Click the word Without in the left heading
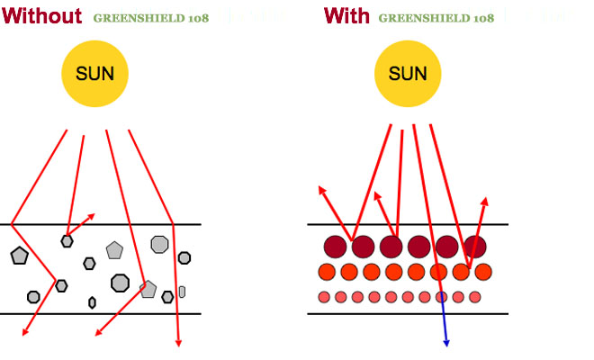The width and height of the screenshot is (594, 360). [x=42, y=15]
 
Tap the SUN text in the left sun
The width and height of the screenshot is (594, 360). [x=94, y=74]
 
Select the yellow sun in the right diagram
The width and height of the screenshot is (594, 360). [x=408, y=74]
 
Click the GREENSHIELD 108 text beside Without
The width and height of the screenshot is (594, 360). [x=153, y=17]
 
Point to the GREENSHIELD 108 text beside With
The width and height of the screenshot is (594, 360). [x=436, y=17]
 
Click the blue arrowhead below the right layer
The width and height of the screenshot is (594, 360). [x=445, y=342]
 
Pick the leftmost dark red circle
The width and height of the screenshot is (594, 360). [x=336, y=246]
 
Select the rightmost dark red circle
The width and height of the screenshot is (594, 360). [x=474, y=246]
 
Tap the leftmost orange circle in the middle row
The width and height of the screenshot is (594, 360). [x=328, y=272]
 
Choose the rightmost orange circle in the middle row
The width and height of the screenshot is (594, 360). [x=483, y=272]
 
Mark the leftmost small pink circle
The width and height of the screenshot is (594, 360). [x=324, y=297]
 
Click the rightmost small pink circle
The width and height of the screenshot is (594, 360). [x=474, y=297]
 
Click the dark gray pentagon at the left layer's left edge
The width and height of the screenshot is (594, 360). [x=19, y=256]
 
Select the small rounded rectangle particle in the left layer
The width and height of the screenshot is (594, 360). [x=182, y=292]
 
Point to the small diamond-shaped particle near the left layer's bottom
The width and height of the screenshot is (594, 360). [x=92, y=302]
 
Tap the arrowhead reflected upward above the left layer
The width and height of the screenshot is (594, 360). [x=92, y=217]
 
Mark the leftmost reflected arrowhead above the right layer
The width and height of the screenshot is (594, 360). [x=320, y=189]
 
